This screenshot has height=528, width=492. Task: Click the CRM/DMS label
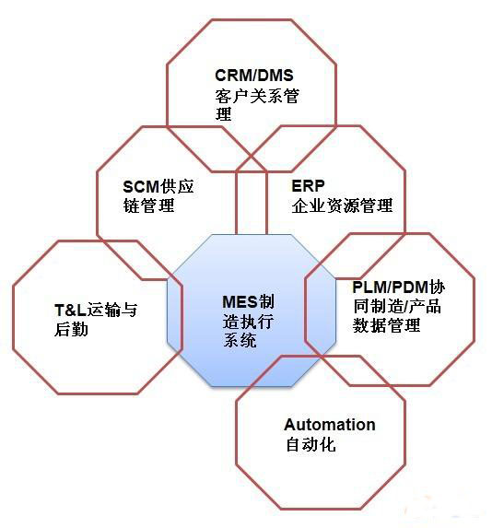point(254,75)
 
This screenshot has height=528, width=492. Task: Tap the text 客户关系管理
point(257,104)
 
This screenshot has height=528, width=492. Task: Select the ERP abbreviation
point(308,185)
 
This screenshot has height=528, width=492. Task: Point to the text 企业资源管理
point(342,205)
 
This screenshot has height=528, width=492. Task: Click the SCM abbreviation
point(141,186)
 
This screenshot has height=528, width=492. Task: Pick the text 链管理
point(148,205)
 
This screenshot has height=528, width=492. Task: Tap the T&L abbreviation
point(70,310)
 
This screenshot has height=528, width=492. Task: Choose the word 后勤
point(71,329)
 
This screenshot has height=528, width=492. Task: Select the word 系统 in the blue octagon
point(240,340)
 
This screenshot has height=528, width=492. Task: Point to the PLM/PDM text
point(390,287)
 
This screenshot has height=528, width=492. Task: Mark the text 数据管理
point(386,325)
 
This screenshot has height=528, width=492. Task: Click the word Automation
point(330,425)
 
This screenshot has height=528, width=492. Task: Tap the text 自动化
point(310,444)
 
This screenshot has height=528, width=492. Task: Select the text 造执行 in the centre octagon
point(248,322)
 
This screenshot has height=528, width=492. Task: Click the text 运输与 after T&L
point(112,310)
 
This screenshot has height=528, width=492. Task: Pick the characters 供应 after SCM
point(177,186)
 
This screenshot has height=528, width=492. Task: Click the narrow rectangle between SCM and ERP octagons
point(252,203)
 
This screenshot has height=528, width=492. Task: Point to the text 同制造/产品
point(397,307)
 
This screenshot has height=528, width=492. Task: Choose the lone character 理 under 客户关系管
point(223,113)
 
